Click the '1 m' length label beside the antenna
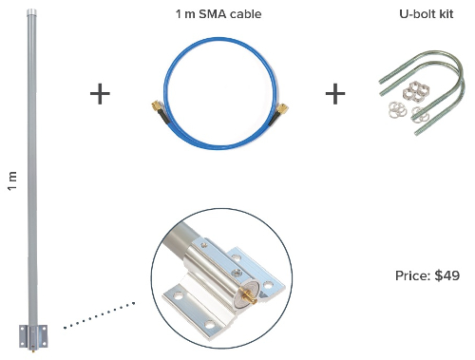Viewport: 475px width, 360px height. pyautogui.click(x=12, y=180)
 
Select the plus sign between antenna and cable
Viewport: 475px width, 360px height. pyautogui.click(x=100, y=93)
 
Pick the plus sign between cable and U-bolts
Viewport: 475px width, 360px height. pyautogui.click(x=335, y=93)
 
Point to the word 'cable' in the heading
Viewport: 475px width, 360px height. pyautogui.click(x=244, y=15)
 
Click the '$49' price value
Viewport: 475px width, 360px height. pyautogui.click(x=446, y=275)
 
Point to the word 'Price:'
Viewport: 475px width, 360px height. pyautogui.click(x=412, y=275)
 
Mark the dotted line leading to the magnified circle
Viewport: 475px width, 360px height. pyautogui.click(x=100, y=315)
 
